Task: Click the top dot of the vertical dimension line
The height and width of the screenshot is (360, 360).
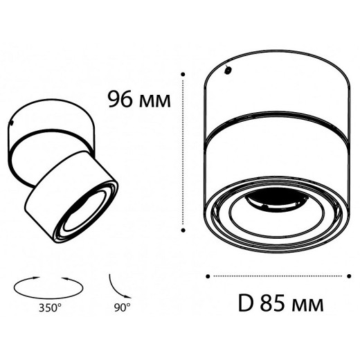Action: pyautogui.click(x=183, y=72)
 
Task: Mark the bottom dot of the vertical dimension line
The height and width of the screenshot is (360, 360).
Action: pyautogui.click(x=183, y=230)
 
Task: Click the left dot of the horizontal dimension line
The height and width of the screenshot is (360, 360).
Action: pyautogui.click(x=208, y=276)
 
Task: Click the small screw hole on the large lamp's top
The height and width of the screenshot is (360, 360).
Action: pyautogui.click(x=228, y=69)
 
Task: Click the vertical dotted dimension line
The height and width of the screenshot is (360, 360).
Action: pyautogui.click(x=183, y=152)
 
